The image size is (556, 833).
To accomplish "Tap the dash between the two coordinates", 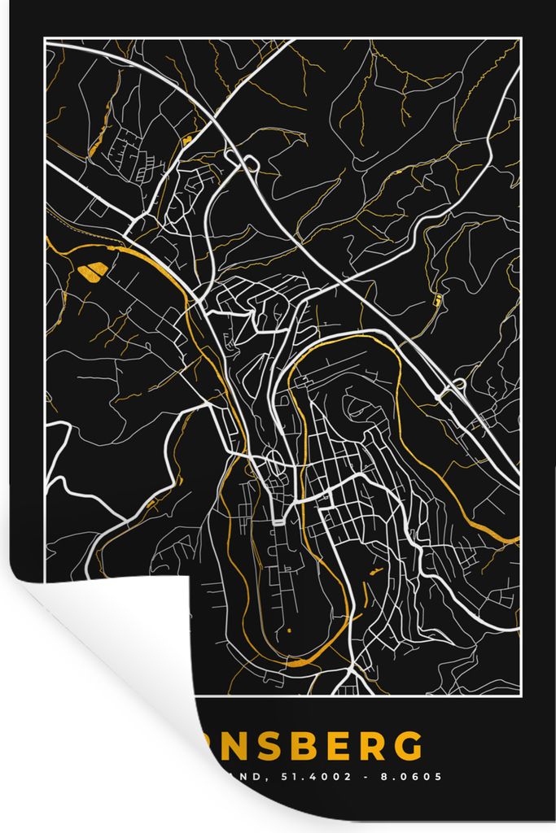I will [x=371, y=777].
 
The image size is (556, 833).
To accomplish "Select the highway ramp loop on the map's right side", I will [x=458, y=385].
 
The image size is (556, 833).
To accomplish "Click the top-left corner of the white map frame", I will [x=46, y=40].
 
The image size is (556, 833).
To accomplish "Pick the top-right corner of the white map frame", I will [x=520, y=40].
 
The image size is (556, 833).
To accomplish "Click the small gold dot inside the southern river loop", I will [x=288, y=631].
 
